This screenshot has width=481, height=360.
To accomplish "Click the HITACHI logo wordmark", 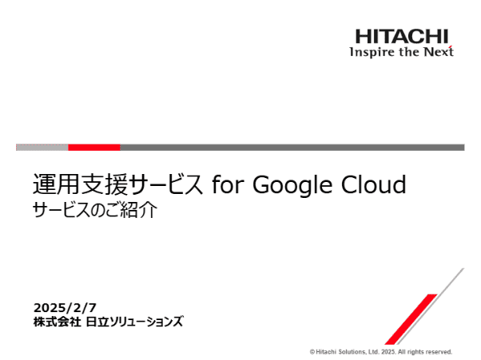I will [402, 36].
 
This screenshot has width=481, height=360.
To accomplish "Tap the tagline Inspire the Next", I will [401, 52].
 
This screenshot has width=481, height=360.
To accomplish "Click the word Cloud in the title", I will [371, 185].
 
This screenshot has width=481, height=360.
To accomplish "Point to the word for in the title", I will [228, 185].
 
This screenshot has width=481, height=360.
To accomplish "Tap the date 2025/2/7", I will [64, 307].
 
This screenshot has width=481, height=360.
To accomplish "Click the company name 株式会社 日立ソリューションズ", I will [108, 322].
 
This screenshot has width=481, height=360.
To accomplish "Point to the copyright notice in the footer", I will [380, 351].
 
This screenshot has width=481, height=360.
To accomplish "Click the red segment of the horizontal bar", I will [93, 147].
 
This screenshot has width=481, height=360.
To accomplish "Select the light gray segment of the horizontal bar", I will [42, 147].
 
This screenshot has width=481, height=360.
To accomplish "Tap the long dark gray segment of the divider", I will [292, 147].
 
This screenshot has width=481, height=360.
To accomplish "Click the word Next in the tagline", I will [438, 52].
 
